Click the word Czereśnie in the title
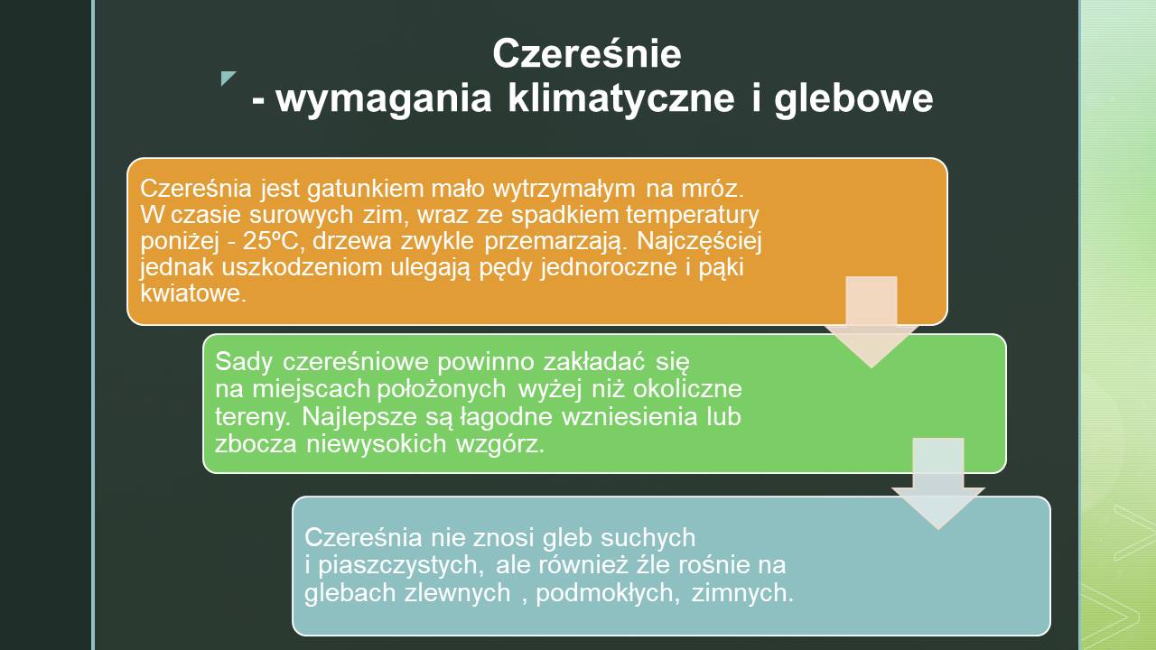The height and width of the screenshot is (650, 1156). pos(587,53)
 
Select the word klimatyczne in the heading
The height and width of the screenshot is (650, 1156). pos(620,99)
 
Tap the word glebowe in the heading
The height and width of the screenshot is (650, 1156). pos(853,99)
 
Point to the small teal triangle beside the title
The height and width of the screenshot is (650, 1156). pos(228,78)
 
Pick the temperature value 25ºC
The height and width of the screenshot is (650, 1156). pos(270,241)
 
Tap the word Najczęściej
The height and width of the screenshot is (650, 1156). pos(699,242)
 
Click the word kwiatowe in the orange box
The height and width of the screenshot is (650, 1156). pos(193,293)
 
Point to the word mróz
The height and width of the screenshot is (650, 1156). pos(713,189)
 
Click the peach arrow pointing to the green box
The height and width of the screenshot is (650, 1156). pos(872,321)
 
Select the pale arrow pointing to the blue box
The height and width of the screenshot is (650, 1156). pos(938,483)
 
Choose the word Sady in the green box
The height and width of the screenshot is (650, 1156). pos(244,362)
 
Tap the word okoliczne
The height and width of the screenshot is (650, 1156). pos(687,388)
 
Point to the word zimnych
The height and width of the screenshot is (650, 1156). pos(742,593)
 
